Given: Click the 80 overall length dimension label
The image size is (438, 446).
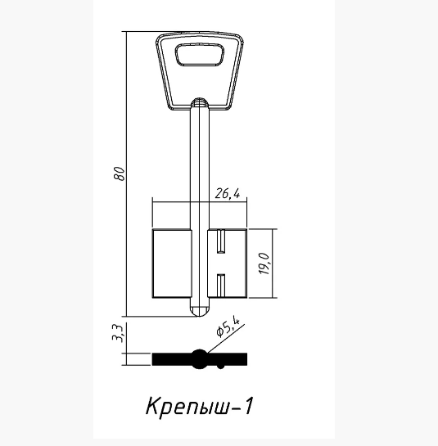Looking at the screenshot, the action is [120, 173].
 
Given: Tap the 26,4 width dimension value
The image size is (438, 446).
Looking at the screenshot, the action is [227, 194].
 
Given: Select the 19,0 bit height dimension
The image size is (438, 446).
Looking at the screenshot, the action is [264, 264].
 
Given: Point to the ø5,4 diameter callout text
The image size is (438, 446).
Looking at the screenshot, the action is [228, 327].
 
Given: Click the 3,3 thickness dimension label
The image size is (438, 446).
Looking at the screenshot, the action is [118, 333].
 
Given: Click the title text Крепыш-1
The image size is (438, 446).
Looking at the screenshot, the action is [199, 406].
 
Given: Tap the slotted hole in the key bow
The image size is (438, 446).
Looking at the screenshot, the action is [200, 55].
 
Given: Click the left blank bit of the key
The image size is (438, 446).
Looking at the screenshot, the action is [172, 264].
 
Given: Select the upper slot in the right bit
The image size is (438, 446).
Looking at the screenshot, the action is [221, 241].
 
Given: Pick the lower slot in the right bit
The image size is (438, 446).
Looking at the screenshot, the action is [221, 286].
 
